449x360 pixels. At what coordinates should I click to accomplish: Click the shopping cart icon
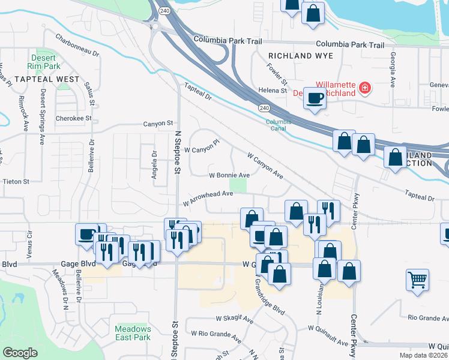click(x=417, y=279)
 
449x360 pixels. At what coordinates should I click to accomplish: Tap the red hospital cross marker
click(x=364, y=89)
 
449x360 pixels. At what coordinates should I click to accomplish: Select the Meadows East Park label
click(x=132, y=332)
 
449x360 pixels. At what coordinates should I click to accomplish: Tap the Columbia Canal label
click(x=279, y=125)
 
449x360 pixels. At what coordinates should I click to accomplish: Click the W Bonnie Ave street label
click(x=229, y=175)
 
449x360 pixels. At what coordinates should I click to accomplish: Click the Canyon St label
click(x=158, y=124)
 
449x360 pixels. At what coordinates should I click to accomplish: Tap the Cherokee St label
click(x=73, y=118)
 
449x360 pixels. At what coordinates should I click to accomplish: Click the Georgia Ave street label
click(x=393, y=69)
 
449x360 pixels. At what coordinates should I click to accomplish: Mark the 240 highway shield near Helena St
click(x=264, y=107)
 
